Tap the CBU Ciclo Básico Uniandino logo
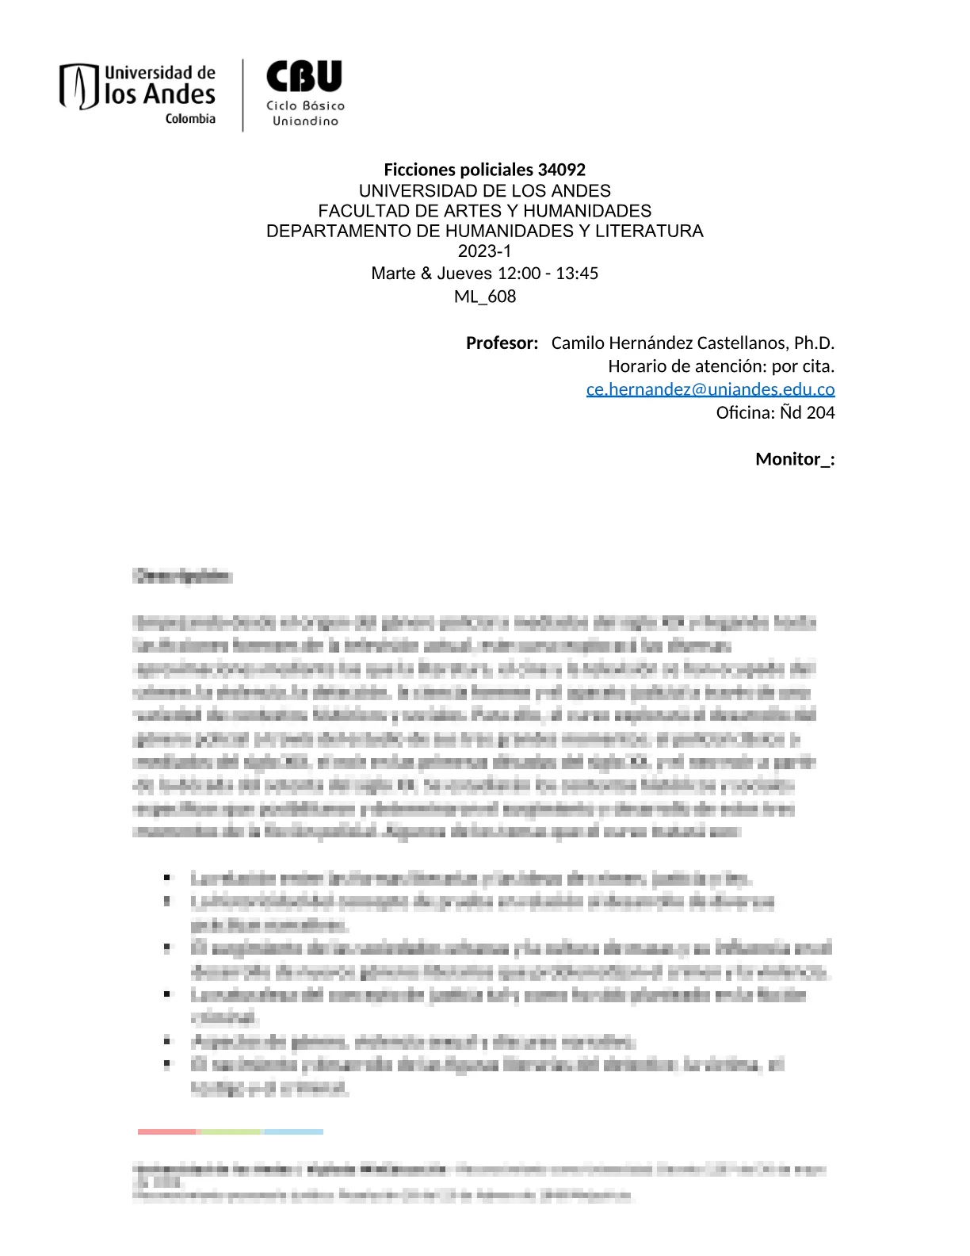tap(305, 93)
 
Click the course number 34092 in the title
tap(561, 170)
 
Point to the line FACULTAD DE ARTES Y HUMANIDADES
tap(484, 211)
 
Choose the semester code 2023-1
tap(484, 251)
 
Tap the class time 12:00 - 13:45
tap(548, 274)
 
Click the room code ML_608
tap(484, 297)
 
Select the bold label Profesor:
tap(502, 343)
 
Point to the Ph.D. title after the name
tap(814, 343)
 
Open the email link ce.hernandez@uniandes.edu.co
tap(710, 389)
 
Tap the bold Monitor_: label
tap(794, 459)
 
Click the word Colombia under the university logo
tap(190, 119)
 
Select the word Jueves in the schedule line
tap(464, 274)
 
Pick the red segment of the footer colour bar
tap(166, 1132)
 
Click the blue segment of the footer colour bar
tap(293, 1132)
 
